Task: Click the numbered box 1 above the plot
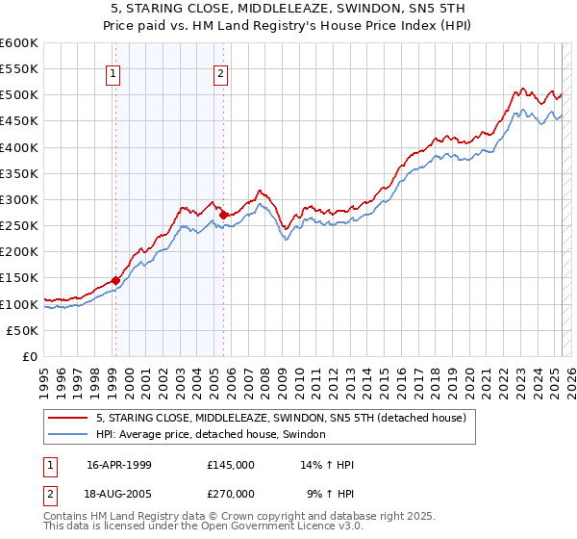point(113,74)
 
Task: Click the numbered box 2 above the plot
point(220,74)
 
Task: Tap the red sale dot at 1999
point(116,280)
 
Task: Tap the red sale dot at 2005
point(223,215)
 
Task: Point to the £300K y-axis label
point(19,199)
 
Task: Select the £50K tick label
point(23,330)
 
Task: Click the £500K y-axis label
point(19,95)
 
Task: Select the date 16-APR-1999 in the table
point(118,465)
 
